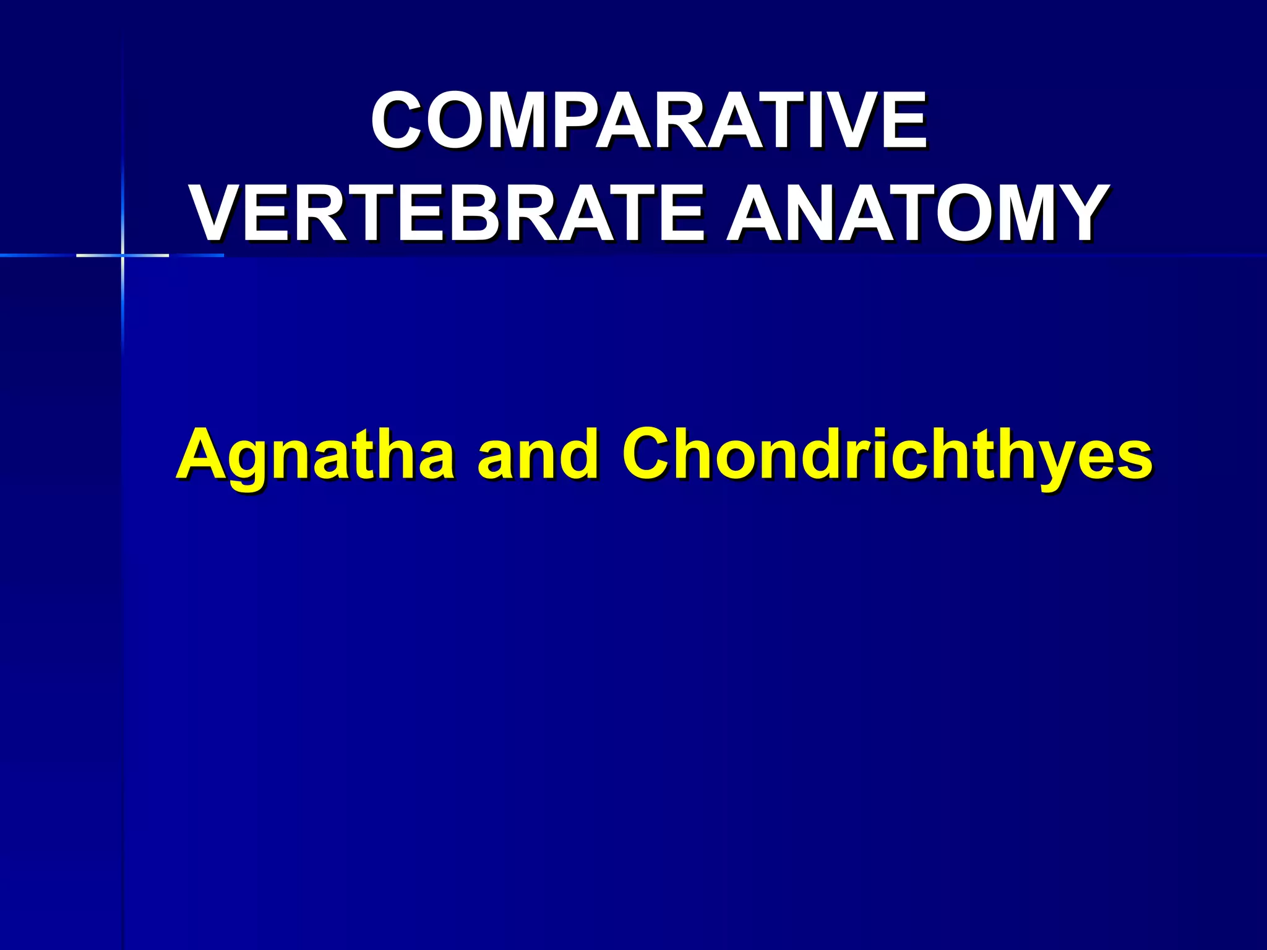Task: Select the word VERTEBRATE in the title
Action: pyautogui.click(x=448, y=213)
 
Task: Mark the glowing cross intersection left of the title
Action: pyautogui.click(x=122, y=255)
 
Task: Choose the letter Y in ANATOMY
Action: pyautogui.click(x=1075, y=213)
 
